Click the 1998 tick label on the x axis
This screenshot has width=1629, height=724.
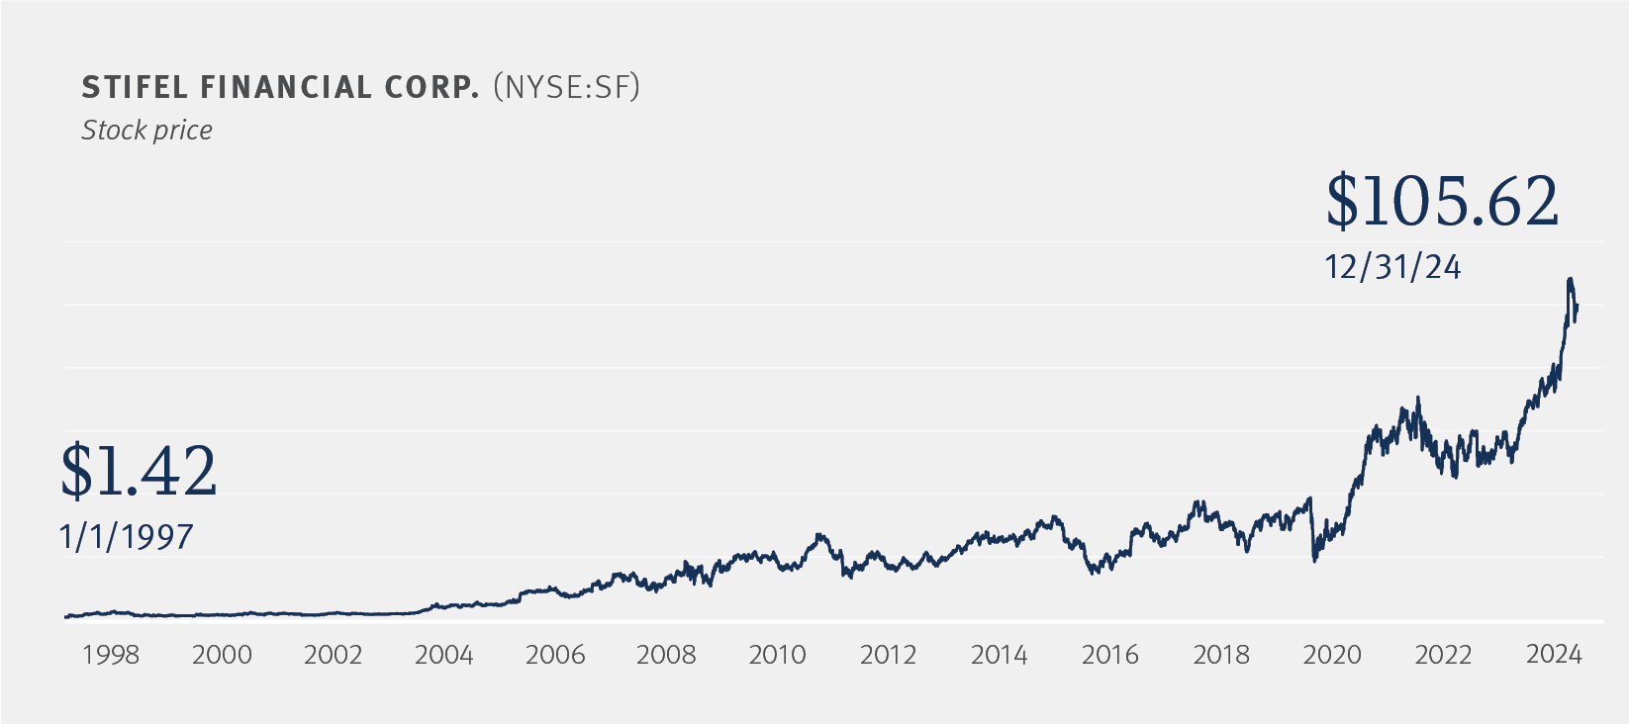click(x=111, y=655)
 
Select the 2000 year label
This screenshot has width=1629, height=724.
click(x=222, y=655)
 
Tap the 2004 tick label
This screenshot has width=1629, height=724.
click(x=443, y=655)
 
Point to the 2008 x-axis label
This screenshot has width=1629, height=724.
click(x=666, y=655)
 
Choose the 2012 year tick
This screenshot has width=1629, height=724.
click(x=888, y=655)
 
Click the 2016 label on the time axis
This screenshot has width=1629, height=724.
click(x=1109, y=655)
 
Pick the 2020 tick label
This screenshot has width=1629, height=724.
click(x=1332, y=655)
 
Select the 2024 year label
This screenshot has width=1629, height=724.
click(x=1554, y=655)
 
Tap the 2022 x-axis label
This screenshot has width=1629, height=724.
click(x=1443, y=655)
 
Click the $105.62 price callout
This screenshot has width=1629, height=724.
click(x=1442, y=202)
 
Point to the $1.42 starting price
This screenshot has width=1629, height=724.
click(x=139, y=471)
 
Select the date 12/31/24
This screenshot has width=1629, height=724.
click(x=1392, y=267)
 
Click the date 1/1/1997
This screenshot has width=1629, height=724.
click(x=127, y=537)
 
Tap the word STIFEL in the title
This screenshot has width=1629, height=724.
click(x=135, y=88)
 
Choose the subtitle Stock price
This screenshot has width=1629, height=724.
click(x=146, y=131)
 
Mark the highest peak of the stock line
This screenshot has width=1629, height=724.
click(x=1570, y=280)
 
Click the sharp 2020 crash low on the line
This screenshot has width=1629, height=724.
click(x=1314, y=561)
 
